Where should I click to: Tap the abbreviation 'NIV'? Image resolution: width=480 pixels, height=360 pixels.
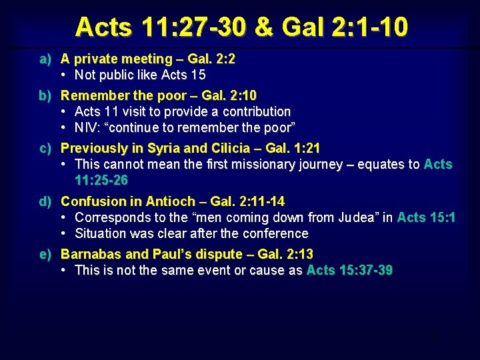(x=86, y=127)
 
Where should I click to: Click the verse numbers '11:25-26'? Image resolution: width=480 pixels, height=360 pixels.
(x=101, y=180)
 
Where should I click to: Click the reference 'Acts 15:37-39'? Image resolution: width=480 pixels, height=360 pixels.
(x=349, y=270)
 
